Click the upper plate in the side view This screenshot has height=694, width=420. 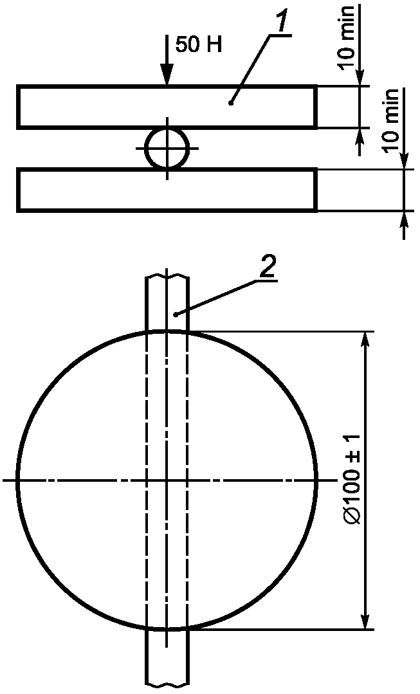click(x=167, y=107)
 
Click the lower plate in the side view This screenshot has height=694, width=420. click(x=167, y=190)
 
